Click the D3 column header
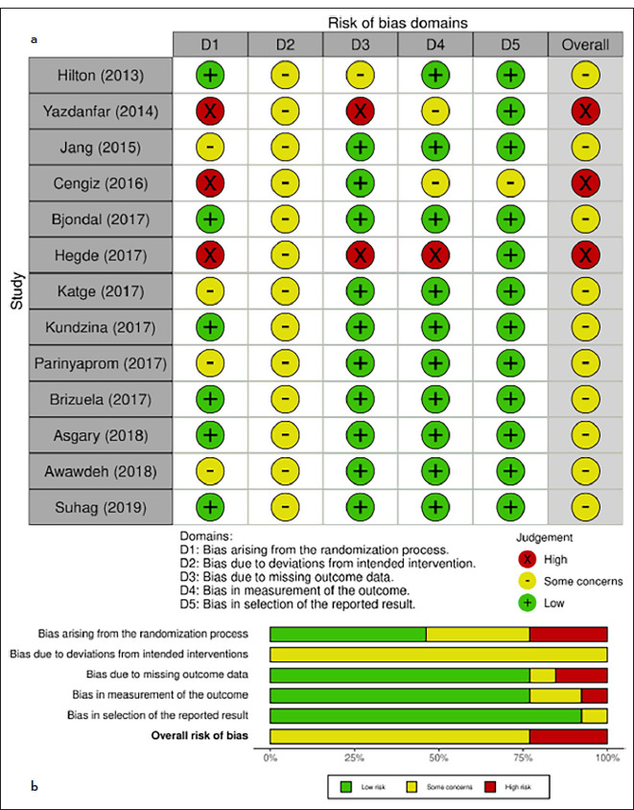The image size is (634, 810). (x=360, y=44)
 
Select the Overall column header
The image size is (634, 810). (x=584, y=44)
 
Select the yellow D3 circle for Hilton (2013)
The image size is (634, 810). (x=360, y=78)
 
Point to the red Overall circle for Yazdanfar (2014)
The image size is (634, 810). (x=584, y=111)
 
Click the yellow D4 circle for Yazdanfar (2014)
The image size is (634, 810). (x=434, y=111)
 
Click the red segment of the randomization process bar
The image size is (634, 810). (x=569, y=634)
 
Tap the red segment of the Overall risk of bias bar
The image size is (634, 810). (x=569, y=736)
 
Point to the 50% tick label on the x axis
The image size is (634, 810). (x=438, y=756)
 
